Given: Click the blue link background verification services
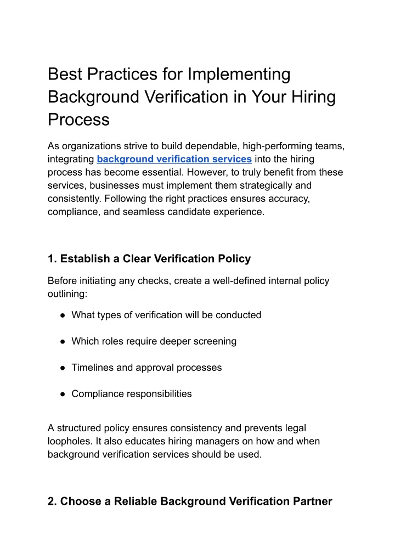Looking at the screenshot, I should [x=174, y=159].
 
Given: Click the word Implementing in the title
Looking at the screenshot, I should [x=239, y=74].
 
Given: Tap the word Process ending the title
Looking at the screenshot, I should [x=78, y=120].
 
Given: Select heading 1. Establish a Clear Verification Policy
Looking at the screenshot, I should [x=149, y=259].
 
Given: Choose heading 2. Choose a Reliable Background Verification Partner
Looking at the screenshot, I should [x=190, y=501].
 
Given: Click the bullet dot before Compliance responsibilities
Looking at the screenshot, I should [x=63, y=394].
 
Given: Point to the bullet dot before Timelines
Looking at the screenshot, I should [x=63, y=368].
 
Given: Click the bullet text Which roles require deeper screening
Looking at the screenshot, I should [x=154, y=341].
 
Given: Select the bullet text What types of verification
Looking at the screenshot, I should [x=166, y=315].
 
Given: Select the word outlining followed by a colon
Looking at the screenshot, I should [x=66, y=294].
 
